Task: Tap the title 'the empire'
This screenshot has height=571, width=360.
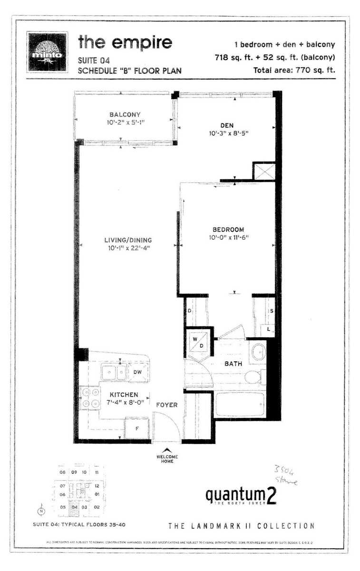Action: pos(125,42)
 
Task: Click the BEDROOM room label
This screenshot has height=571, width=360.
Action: pos(228,229)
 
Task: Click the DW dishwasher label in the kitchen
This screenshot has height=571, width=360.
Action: pos(137,372)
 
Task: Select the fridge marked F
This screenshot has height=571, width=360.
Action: pos(137,428)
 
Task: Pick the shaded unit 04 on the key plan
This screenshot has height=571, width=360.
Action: pos(74,507)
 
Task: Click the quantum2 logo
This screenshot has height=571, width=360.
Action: pos(241,495)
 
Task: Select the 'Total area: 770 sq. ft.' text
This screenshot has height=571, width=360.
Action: pos(295,69)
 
